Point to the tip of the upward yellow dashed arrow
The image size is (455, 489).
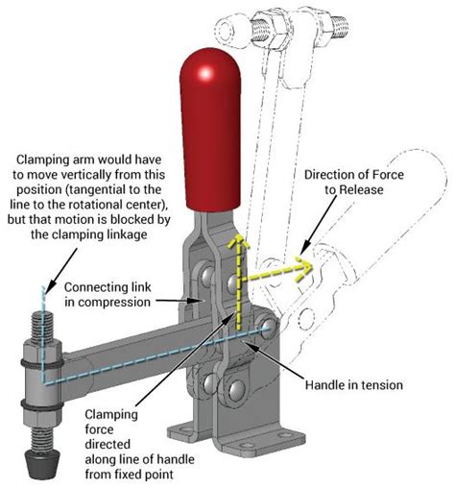pyautogui.click(x=230, y=234)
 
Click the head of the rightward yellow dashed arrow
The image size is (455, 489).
pyautogui.click(x=307, y=268)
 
